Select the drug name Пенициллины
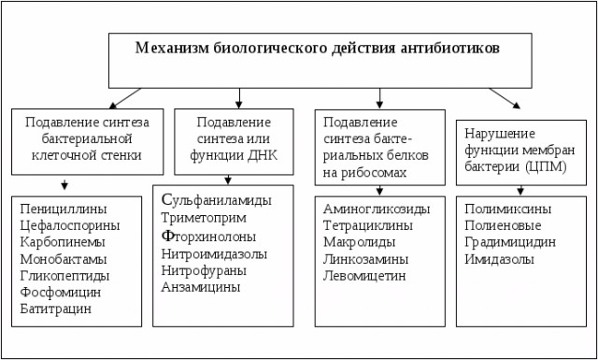pyautogui.click(x=63, y=208)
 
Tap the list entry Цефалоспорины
pyautogui.click(x=68, y=224)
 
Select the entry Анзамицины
pyautogui.click(x=201, y=287)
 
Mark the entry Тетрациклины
pyautogui.click(x=366, y=225)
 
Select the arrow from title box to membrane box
pyautogui.click(x=504, y=98)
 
